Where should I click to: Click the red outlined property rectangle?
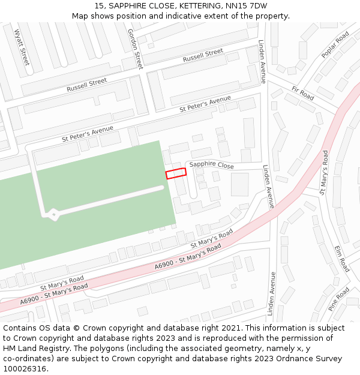176,173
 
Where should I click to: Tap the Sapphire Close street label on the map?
212,165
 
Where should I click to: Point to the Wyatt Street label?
21,47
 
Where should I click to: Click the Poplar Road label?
335,46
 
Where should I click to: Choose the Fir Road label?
303,93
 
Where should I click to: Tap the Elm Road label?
342,257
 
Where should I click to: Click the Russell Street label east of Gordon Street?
203,56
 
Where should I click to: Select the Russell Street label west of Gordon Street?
87,85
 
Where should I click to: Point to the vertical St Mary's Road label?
324,173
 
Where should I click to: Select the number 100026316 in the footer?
25,369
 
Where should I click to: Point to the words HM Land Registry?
30,349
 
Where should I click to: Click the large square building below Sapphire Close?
239,184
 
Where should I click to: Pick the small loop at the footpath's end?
53,214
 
